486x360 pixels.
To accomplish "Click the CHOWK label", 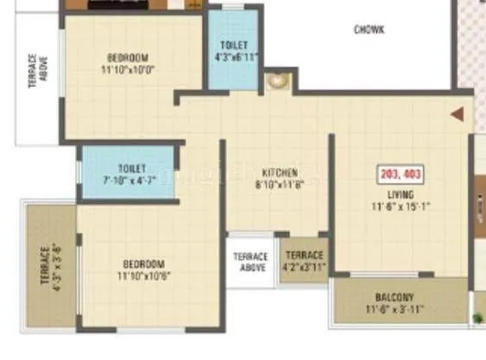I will [x=369, y=30].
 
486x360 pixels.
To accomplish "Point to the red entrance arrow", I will [x=458, y=112].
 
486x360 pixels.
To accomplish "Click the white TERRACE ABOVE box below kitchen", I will [x=252, y=262].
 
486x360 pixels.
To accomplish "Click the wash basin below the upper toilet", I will [x=279, y=82].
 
